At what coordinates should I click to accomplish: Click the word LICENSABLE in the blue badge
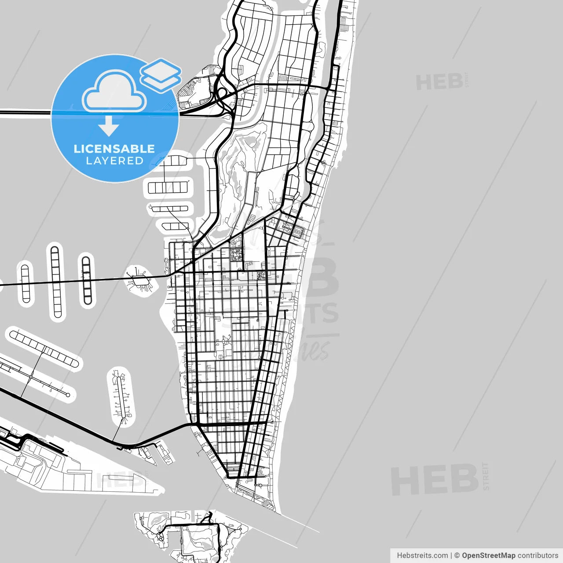point(114,149)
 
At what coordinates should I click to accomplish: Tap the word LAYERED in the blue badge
point(114,161)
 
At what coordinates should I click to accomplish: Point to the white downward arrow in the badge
point(109,125)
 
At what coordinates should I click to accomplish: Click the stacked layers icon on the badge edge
point(161,75)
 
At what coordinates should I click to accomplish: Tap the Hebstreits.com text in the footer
point(422,556)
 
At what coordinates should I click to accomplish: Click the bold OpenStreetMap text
point(488,556)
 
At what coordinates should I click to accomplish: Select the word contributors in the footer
point(537,556)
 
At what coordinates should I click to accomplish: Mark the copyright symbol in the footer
point(457,556)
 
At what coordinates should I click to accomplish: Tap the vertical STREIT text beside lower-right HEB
point(486,476)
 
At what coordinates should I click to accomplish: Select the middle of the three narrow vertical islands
point(56,281)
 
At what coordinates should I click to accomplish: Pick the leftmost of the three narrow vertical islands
point(26,283)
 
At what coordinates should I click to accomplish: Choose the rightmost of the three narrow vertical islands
point(87,280)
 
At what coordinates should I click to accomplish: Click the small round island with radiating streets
point(141,280)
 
